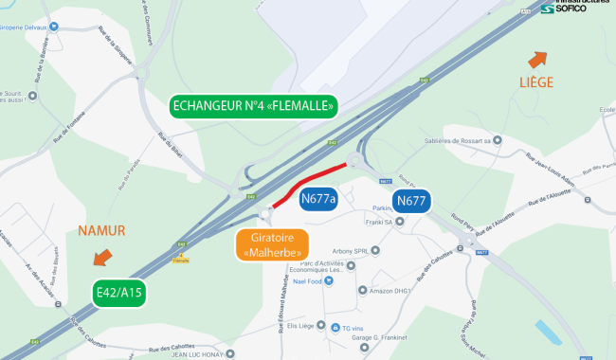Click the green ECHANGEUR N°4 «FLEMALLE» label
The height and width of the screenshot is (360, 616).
pos(253,107)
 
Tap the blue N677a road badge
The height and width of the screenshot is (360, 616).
pos(318,199)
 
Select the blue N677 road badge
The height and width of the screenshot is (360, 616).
pos(411,200)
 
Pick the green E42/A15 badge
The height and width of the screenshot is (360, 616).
pos(118,294)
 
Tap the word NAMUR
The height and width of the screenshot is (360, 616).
pos(101,230)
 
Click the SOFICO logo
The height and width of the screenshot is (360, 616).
pos(572,9)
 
